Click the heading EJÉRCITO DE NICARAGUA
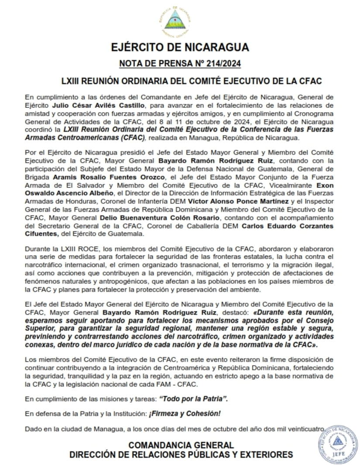click(x=180, y=47)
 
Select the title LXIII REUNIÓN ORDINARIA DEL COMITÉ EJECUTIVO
click(x=180, y=81)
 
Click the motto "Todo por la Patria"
click(x=194, y=399)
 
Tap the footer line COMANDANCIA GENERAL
click(x=181, y=445)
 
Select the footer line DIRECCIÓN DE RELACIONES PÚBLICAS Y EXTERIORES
click(x=181, y=455)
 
